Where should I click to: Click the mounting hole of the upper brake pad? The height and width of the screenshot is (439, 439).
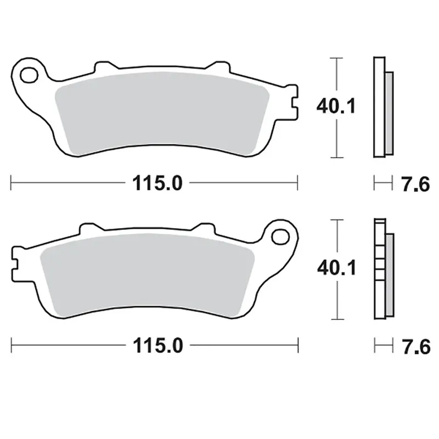(29, 75)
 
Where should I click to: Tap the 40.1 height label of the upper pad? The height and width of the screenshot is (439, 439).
(336, 106)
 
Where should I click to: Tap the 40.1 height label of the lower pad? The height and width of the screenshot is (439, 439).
(336, 268)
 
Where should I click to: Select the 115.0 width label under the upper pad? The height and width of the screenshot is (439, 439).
(157, 183)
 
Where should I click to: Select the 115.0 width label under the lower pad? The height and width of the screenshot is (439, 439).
(158, 345)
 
